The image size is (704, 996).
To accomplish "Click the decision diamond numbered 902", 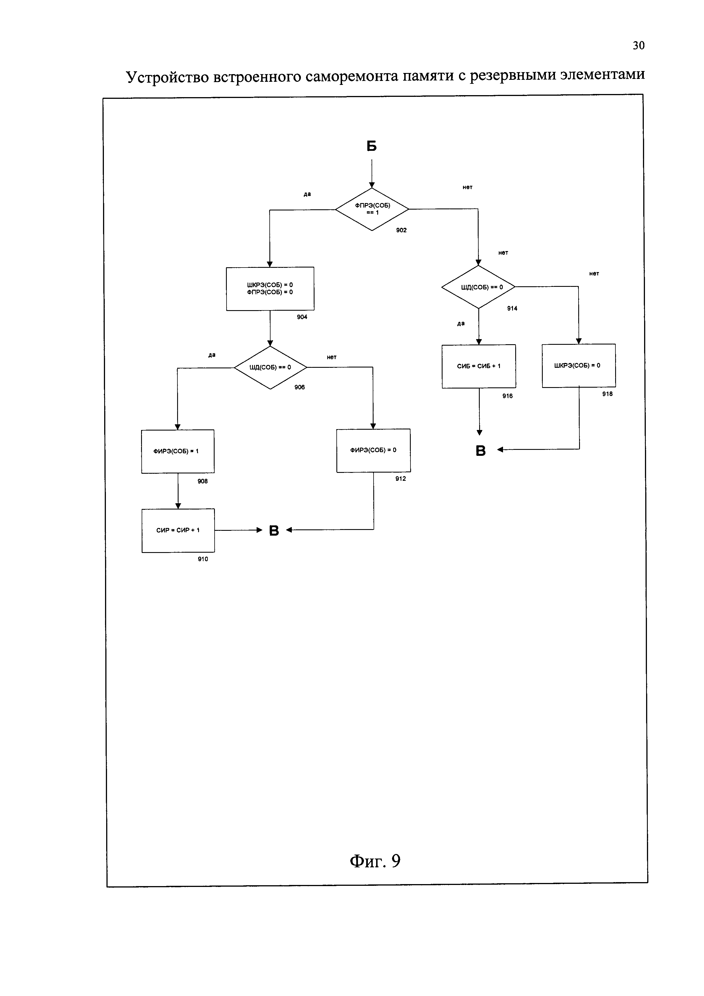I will coord(372,209).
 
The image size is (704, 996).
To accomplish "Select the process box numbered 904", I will coord(270,289).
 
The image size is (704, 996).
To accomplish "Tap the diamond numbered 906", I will coord(270,368).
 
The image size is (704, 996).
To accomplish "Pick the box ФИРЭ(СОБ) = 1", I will coord(177,451).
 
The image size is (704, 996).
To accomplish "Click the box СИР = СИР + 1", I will coord(178,530).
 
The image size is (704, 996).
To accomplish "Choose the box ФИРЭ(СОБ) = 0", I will coord(373,450).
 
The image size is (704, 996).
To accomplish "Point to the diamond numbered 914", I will coord(478,287).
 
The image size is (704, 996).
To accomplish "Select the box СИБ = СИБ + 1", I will coord(479,366).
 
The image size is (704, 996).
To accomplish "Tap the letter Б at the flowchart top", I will coord(372,146).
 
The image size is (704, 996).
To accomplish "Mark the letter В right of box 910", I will coord(274,531).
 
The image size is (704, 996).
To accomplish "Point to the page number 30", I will coord(638,45).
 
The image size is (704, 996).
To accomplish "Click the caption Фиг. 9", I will coord(375,861).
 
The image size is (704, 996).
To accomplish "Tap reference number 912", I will coord(401,479).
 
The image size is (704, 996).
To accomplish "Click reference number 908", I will coord(202,481).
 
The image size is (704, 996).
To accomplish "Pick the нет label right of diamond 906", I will coord(332,357).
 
